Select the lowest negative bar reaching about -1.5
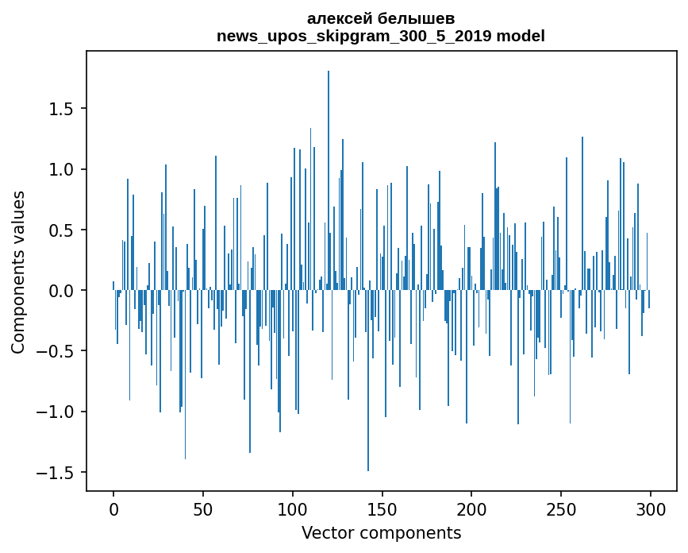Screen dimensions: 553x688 (368, 381)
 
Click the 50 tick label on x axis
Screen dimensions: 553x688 (203, 509)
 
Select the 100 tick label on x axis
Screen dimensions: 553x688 (293, 509)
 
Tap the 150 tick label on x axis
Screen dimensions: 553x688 (382, 509)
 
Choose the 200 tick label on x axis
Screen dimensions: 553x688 (471, 509)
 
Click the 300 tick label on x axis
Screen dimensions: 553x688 (650, 509)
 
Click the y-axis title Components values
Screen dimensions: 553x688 (18, 272)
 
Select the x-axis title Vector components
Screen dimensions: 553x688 (381, 533)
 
